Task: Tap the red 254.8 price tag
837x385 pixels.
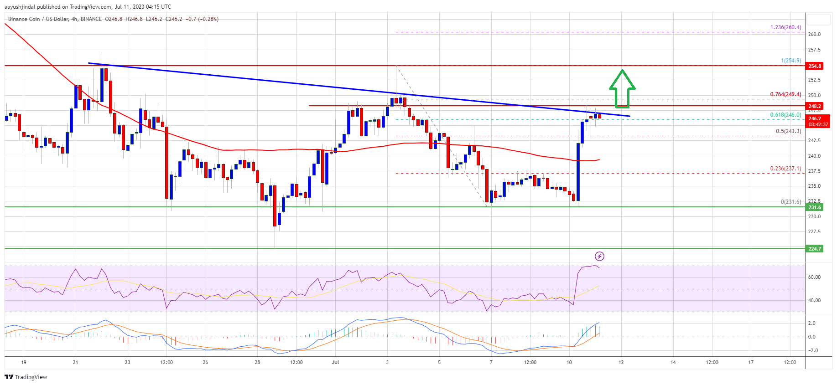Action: click(815, 66)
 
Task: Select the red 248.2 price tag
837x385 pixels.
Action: click(815, 106)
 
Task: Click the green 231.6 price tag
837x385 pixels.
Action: click(815, 207)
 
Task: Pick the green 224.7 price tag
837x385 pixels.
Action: click(815, 249)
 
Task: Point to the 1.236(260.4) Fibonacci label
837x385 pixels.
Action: click(785, 27)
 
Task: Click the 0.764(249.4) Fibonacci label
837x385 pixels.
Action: click(785, 94)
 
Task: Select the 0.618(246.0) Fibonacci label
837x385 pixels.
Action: click(785, 115)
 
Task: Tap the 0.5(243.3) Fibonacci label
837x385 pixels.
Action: click(788, 131)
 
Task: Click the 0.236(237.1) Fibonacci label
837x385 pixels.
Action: click(785, 169)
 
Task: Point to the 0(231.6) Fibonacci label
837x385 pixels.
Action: click(790, 202)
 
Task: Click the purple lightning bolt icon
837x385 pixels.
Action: click(599, 256)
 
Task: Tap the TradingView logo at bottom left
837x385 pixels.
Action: click(26, 377)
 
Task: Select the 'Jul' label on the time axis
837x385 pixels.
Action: click(336, 362)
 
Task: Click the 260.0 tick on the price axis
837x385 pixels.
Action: click(814, 34)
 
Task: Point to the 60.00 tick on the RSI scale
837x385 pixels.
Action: click(814, 277)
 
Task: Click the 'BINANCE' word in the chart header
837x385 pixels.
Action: click(91, 19)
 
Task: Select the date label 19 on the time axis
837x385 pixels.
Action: click(24, 362)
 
